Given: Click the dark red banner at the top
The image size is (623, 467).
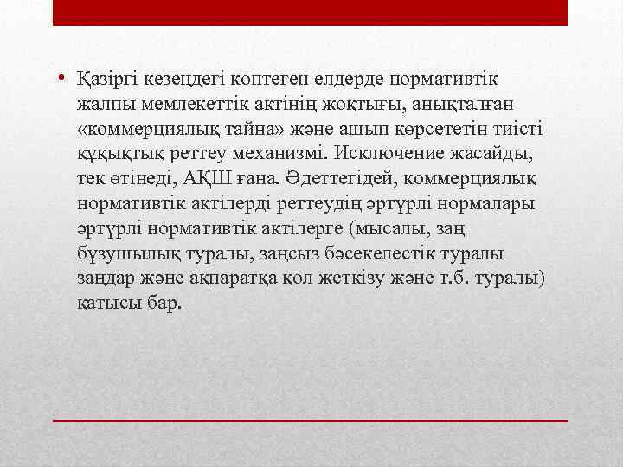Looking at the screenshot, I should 311,12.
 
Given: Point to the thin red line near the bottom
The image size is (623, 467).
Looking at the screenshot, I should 311,419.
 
